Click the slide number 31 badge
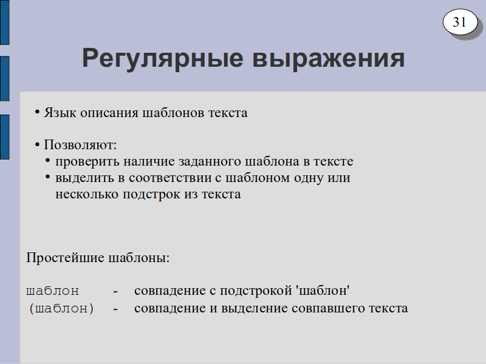pos(460,22)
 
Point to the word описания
pos(109,113)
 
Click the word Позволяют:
pos(80,145)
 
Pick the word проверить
pos(87,162)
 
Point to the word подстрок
pos(151,195)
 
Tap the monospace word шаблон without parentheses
pos(52,291)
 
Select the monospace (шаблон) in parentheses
pos(61,309)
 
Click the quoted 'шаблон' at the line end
pos(323,291)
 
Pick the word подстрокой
pos(256,291)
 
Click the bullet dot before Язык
pos(37,112)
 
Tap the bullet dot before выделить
pos(47,177)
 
